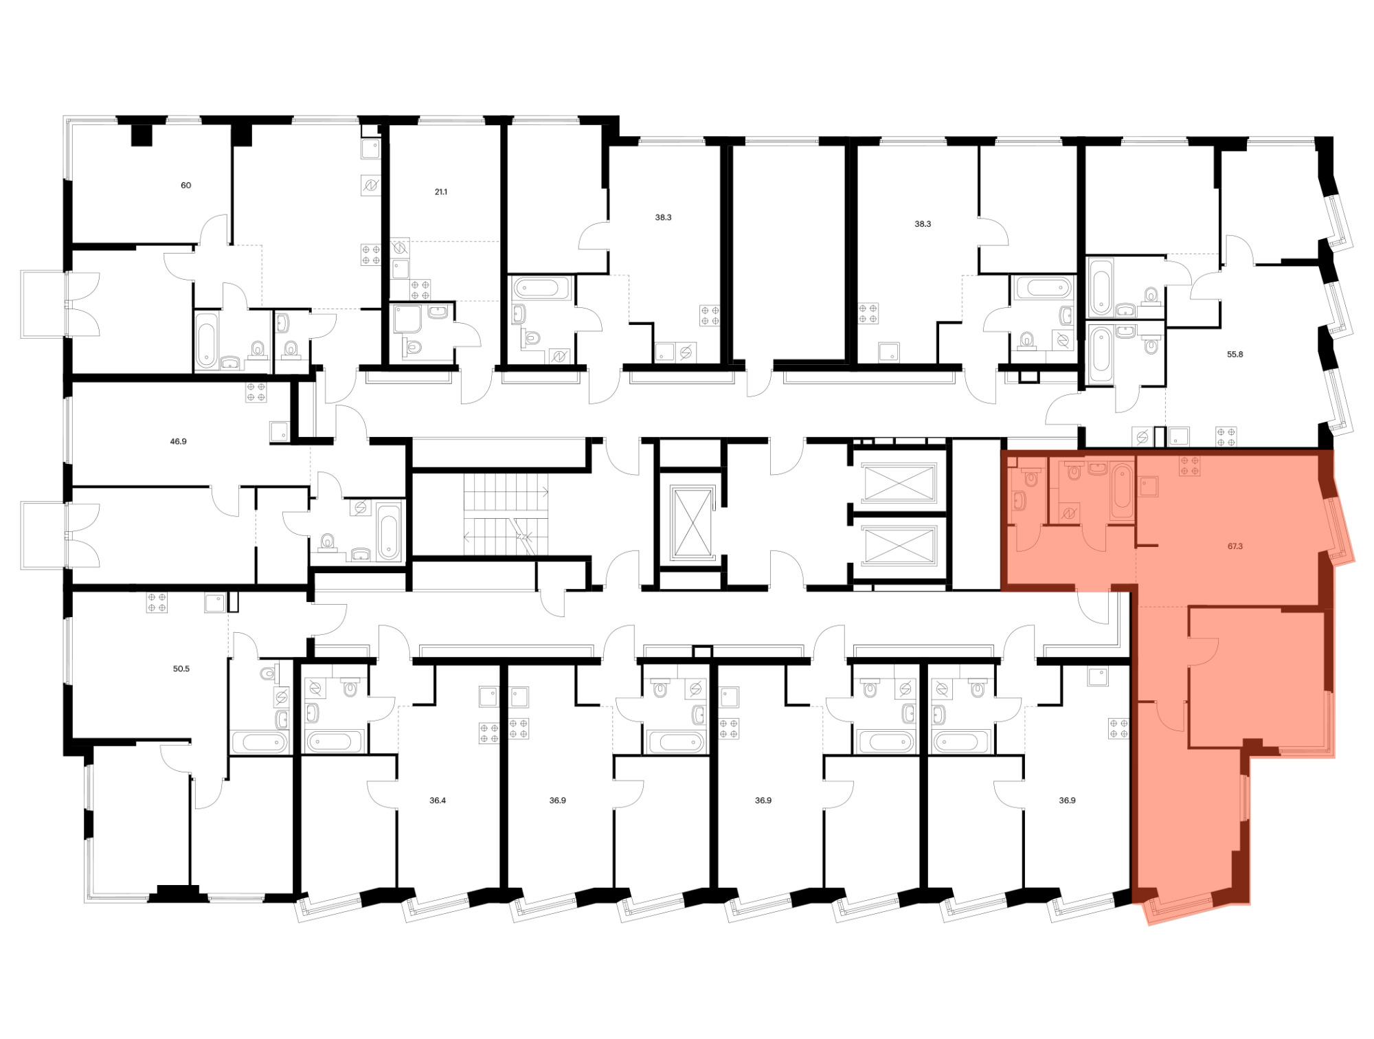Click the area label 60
(x=185, y=186)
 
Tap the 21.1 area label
(x=441, y=192)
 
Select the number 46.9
(x=178, y=442)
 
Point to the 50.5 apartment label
(x=181, y=669)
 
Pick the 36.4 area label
(x=438, y=801)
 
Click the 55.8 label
(x=1235, y=355)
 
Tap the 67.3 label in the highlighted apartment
(x=1235, y=546)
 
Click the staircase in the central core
(x=506, y=514)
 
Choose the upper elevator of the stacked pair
(x=899, y=483)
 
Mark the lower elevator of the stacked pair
(x=899, y=546)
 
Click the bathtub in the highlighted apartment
(x=1122, y=491)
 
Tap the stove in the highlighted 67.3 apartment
(x=1190, y=467)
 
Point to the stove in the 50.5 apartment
(x=157, y=603)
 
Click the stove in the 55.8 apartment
(x=1226, y=437)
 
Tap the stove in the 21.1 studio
(x=420, y=290)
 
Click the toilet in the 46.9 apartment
(x=328, y=542)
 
